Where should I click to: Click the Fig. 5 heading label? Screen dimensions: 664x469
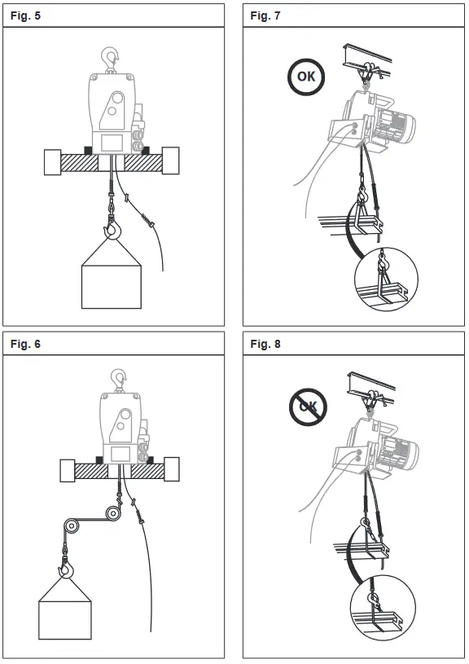point(26,16)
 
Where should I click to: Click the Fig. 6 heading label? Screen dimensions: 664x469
point(26,344)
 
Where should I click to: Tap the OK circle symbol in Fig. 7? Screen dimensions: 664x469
point(306,78)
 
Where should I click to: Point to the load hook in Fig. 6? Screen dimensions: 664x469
point(64,561)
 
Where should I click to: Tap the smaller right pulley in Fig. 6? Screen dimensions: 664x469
point(112,512)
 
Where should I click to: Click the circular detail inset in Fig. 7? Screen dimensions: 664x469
point(385,279)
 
